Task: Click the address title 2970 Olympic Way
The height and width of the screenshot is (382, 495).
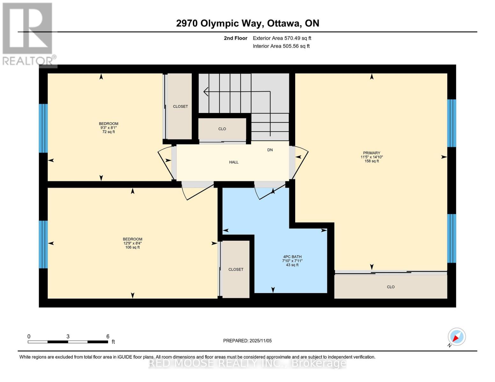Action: pos(247,23)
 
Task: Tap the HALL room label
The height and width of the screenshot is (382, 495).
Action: pos(234,162)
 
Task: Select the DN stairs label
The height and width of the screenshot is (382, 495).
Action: pos(270,150)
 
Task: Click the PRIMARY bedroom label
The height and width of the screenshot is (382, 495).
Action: pos(371,153)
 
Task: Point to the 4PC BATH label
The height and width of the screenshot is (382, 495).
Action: pos(292,257)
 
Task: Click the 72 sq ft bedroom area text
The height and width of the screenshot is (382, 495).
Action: pos(108,132)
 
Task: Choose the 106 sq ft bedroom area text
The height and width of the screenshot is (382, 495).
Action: pos(132,247)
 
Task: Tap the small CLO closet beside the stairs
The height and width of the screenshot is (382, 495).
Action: pos(222,129)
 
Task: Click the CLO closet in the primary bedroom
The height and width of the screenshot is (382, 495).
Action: pos(390,287)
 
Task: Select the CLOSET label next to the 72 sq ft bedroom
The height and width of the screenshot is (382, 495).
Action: pos(180,106)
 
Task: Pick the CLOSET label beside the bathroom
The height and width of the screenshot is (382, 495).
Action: pos(236,269)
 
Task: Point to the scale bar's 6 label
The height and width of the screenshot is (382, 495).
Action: pos(108,336)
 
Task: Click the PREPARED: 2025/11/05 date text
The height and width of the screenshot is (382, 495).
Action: pos(247,341)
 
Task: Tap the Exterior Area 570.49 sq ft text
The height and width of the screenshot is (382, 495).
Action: pos(282,38)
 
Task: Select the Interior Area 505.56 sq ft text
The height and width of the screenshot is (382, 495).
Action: pos(281,46)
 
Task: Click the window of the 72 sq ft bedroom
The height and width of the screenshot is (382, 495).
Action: pos(43,128)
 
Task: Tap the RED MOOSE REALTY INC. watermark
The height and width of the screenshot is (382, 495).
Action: pos(247,363)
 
